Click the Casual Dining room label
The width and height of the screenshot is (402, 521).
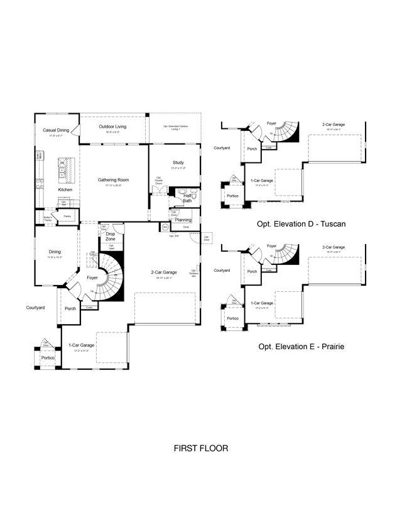tap(56, 130)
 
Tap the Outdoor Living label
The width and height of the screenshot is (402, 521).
tap(112, 126)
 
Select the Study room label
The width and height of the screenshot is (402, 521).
tap(178, 163)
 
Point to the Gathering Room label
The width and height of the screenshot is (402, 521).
tap(113, 180)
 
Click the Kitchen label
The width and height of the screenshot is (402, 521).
tap(65, 189)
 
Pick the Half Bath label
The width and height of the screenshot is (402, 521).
tap(187, 198)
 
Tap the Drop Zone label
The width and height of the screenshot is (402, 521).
tap(110, 237)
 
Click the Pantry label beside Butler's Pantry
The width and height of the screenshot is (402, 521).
tap(67, 216)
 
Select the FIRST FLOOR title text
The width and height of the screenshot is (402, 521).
tap(200, 449)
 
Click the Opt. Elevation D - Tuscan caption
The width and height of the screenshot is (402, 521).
tap(301, 223)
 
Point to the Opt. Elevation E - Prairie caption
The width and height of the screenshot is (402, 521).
tap(301, 347)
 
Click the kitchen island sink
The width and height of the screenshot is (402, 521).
tap(63, 166)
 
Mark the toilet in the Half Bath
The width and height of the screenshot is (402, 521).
tap(194, 196)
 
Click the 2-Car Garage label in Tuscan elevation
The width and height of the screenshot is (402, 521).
tap(334, 125)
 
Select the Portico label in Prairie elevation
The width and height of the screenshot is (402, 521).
tap(232, 318)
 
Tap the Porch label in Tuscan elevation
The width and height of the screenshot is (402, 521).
tap(252, 149)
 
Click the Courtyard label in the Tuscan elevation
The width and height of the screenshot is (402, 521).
tap(221, 148)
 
